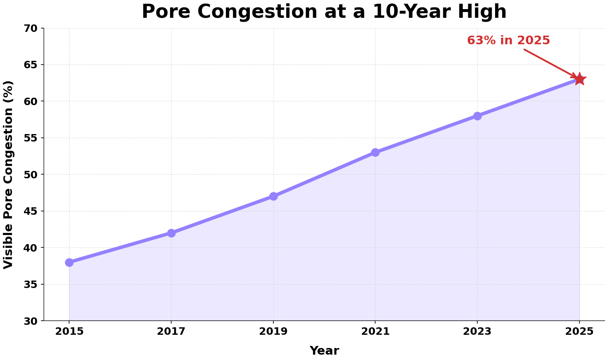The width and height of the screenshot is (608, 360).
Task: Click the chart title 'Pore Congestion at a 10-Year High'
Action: point(324,12)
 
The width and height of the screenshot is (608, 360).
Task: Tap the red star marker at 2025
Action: point(579,79)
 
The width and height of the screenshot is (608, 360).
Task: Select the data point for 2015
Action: point(69,262)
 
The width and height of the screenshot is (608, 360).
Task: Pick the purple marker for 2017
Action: point(171,233)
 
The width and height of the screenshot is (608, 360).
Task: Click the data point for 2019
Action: point(273,196)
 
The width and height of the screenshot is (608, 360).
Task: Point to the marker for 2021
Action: point(375,152)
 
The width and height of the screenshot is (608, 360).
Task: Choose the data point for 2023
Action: point(477,116)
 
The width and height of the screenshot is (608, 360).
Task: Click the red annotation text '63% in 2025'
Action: point(508,41)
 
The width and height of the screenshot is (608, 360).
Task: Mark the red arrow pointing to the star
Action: point(550,63)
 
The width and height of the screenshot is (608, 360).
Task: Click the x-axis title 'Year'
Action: point(324,351)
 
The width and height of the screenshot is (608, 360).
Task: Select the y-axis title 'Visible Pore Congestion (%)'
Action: point(8,175)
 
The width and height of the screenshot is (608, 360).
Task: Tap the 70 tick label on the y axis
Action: point(32,29)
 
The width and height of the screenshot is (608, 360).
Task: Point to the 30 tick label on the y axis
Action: point(32,321)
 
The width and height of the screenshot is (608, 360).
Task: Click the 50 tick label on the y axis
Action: point(32,175)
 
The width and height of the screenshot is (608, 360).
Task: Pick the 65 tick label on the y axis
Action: point(32,65)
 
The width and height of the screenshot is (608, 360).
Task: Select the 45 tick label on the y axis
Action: point(32,211)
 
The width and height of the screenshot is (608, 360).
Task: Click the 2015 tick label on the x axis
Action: point(69,331)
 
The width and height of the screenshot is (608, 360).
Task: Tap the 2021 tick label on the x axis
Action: point(375,331)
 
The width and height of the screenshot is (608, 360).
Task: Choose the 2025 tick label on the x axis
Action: point(579,331)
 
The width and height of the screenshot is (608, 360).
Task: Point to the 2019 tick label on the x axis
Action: point(273,331)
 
